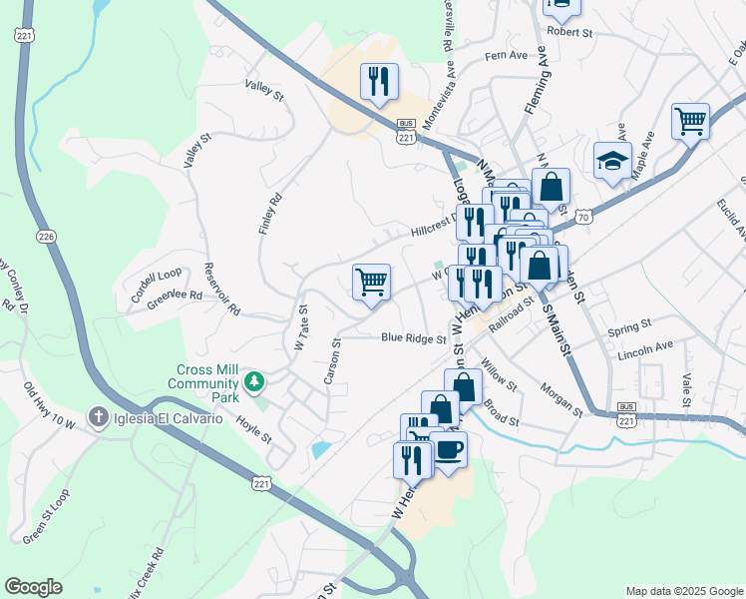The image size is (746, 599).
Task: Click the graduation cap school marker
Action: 613,161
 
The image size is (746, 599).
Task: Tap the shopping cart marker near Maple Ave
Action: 690,122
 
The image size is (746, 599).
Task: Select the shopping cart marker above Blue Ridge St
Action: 371,282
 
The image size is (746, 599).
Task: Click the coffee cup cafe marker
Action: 449,449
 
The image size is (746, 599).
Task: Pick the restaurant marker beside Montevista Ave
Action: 379,82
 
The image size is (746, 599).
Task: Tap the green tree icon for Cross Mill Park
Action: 255,380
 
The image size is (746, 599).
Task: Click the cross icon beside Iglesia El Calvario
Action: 97,416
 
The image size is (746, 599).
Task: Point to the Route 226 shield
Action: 46,237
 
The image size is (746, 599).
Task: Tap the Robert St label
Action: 569,32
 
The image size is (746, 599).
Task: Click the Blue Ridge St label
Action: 413,338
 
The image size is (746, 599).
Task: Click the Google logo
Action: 33,587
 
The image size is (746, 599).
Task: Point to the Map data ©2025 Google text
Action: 683,591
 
